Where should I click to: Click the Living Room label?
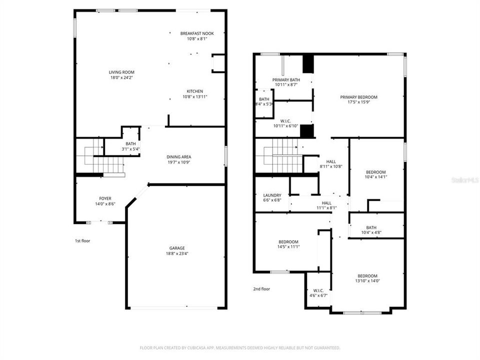point(121,72)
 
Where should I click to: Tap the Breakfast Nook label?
point(196,33)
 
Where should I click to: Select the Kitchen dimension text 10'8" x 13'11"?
point(194,97)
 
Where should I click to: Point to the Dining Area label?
point(178,157)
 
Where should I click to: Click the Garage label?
point(176,248)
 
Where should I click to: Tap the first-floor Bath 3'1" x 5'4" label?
point(130,144)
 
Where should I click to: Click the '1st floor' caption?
point(82,241)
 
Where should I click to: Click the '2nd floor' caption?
point(261,288)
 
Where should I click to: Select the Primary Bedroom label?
point(358,97)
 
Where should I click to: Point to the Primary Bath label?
point(286,80)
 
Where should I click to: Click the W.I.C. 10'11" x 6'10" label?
point(285,120)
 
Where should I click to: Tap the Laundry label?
point(272,195)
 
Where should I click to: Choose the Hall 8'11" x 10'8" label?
point(331,161)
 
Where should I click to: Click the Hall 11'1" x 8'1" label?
point(326,203)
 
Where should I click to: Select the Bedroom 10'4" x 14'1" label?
point(375,172)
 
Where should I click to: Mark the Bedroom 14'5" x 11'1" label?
point(288,242)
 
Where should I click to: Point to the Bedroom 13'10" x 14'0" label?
point(367,276)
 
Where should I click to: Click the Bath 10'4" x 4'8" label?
point(371,227)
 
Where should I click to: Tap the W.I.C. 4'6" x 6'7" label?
point(318,290)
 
